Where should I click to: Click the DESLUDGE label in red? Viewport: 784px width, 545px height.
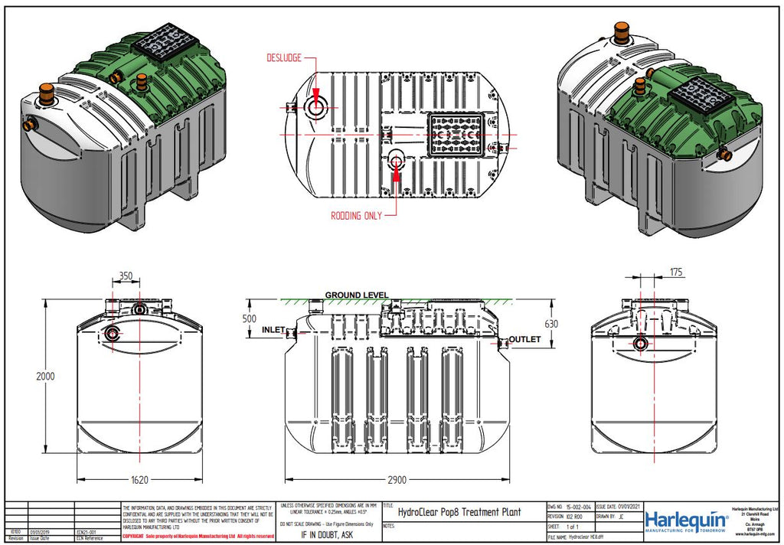[x=284, y=58]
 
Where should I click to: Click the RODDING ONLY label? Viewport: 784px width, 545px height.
[x=356, y=216]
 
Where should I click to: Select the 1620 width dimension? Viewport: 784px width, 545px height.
[x=139, y=480]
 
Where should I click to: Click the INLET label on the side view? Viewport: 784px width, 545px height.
[x=273, y=331]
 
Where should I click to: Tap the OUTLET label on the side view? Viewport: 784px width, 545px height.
[x=526, y=339]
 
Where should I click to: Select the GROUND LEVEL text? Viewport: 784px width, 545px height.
[x=356, y=295]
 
